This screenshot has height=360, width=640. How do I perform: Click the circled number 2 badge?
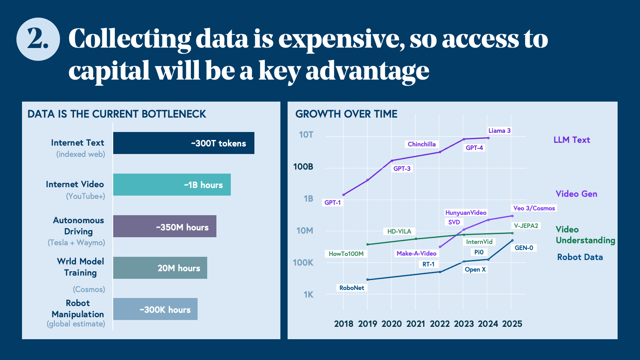click(38, 39)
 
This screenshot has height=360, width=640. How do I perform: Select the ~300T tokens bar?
click(184, 143)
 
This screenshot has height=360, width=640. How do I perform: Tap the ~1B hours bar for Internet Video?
click(172, 185)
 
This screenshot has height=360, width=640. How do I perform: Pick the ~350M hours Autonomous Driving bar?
click(165, 226)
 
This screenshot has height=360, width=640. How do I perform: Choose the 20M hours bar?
click(160, 268)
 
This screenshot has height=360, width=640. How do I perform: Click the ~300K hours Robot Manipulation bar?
click(155, 309)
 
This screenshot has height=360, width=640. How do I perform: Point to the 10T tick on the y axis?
click(306, 135)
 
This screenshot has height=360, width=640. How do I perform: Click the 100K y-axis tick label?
click(303, 263)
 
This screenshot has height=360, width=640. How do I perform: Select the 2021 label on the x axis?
click(416, 324)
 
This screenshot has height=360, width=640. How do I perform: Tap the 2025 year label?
click(512, 324)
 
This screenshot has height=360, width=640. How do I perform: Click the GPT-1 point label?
click(332, 203)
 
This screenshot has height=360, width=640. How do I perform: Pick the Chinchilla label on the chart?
click(422, 144)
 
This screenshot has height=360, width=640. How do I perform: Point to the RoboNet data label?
click(352, 288)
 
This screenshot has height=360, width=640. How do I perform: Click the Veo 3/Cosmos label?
click(534, 208)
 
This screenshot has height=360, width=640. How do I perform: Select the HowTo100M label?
click(346, 254)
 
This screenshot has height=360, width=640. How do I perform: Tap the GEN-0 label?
click(524, 248)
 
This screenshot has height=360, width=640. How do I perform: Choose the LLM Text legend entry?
click(572, 140)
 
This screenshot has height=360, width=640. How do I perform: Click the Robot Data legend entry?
click(580, 257)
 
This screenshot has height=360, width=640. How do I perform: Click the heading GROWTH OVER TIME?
click(346, 114)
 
